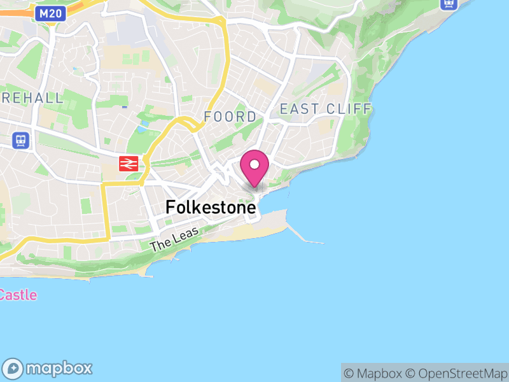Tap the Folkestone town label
tap(211, 207)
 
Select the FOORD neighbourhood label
tap(230, 117)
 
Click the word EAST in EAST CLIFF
tap(298, 109)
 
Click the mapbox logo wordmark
tap(59, 368)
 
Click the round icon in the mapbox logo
tap(14, 368)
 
